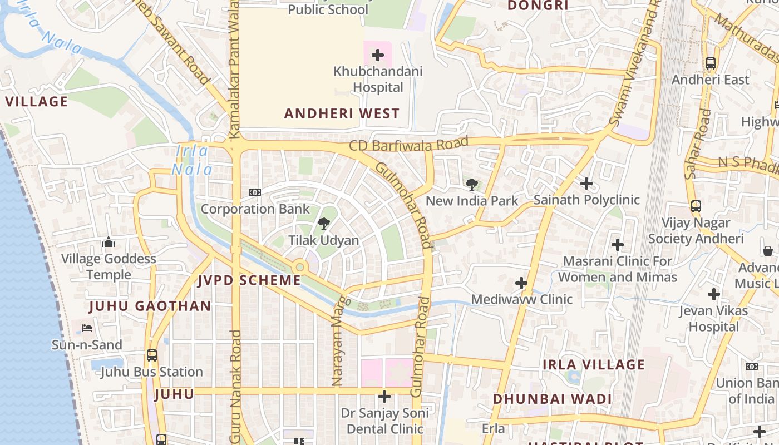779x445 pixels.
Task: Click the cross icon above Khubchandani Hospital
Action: [x=378, y=55]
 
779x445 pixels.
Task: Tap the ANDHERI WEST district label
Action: [x=342, y=113]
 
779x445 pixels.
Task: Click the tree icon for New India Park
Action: [x=471, y=184]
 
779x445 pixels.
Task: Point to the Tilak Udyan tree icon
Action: [x=323, y=224]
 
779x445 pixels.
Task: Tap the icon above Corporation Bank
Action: [x=255, y=192]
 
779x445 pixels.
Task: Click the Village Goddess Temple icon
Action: [x=109, y=242]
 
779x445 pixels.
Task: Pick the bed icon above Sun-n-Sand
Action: [x=87, y=328]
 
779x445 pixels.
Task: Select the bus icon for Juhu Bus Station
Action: [x=151, y=355]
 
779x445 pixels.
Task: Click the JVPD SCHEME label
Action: [x=249, y=280]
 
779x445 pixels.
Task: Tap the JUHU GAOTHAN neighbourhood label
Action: [x=150, y=306]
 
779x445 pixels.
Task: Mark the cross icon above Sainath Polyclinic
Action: [x=586, y=183]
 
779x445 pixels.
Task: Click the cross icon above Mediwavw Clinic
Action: [x=521, y=283]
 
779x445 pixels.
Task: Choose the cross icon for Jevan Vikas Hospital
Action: [x=713, y=294]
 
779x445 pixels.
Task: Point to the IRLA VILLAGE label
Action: [x=594, y=365]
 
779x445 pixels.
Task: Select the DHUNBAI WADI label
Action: [x=552, y=399]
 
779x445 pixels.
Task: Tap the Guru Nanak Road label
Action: [x=235, y=387]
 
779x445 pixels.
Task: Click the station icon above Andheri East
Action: [x=711, y=63]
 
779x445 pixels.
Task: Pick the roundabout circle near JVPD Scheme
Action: [x=300, y=268]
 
